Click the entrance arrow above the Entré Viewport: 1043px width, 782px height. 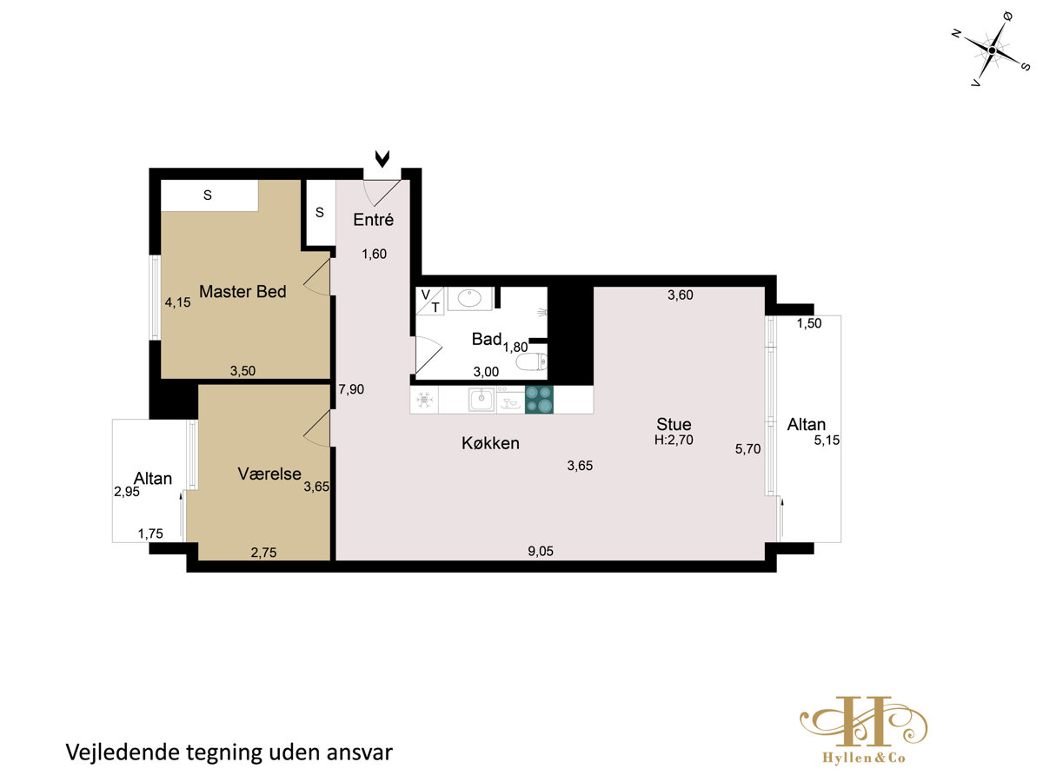coord(382,159)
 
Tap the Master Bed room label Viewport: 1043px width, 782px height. coord(242,292)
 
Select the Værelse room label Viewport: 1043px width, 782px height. coord(269,474)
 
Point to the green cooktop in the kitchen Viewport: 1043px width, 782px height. coord(539,400)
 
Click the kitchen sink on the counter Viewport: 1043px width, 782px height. coord(482,400)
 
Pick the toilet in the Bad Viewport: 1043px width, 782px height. coord(532,362)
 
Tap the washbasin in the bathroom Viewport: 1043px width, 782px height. coord(470,299)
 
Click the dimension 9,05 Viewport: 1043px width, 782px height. coord(541,551)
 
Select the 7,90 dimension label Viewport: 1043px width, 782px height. coord(351,389)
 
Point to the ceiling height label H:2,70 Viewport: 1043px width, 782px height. coord(674,440)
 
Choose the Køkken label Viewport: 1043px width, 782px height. coord(490,443)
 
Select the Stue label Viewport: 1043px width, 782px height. coord(674,424)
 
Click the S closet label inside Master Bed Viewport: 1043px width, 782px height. coord(208,195)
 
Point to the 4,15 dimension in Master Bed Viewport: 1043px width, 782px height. coord(177,302)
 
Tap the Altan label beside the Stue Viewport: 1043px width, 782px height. coord(806,424)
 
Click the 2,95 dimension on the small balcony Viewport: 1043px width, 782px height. coord(127,492)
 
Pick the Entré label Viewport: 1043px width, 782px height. coord(374,219)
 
